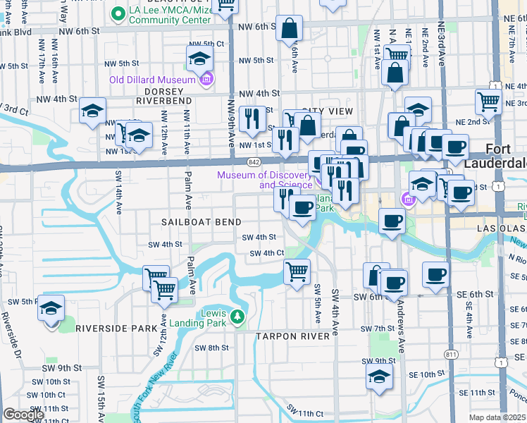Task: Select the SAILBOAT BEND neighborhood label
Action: point(197,221)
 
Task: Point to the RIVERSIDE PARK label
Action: point(116,328)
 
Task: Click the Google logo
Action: point(23,415)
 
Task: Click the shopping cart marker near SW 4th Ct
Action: point(297,271)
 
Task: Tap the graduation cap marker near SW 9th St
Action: point(379,377)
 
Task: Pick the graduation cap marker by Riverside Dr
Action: point(51,309)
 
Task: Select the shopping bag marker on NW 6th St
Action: point(290,29)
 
